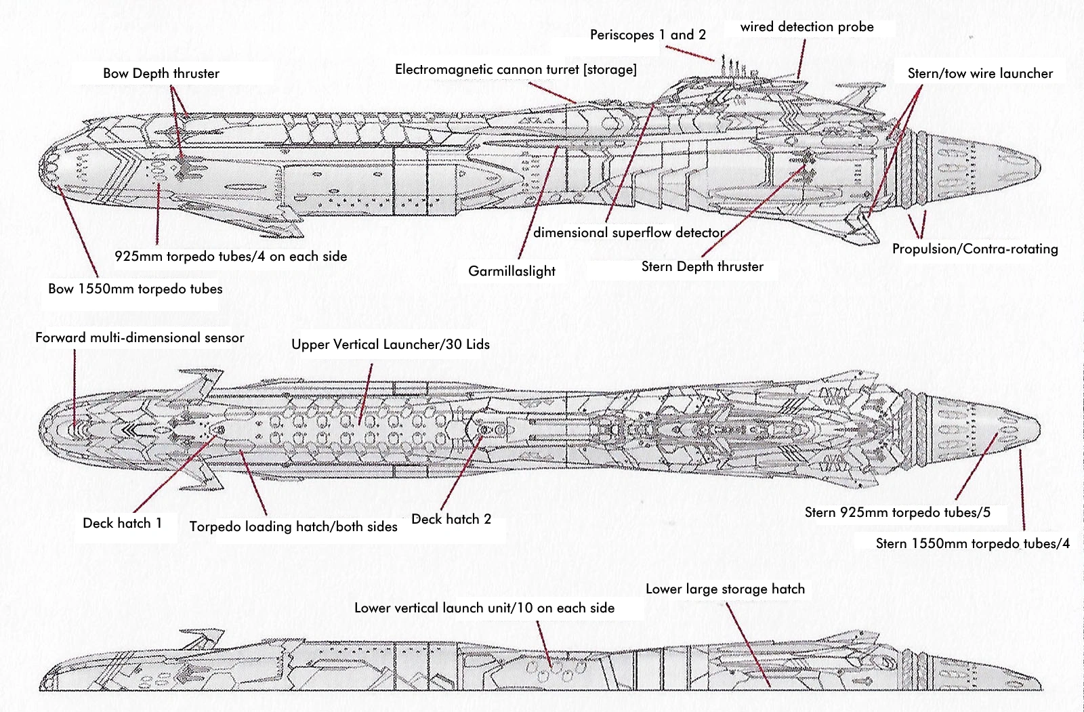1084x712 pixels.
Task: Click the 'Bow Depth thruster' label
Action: (161, 73)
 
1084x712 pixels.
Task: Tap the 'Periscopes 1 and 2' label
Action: (648, 35)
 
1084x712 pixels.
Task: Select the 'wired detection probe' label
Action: (807, 27)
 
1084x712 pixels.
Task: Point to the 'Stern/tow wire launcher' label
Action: (980, 73)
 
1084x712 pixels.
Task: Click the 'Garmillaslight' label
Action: (512, 271)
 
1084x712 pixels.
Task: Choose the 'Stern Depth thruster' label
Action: (702, 266)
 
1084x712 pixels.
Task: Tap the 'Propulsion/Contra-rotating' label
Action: (975, 249)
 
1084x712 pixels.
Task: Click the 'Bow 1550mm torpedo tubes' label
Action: (135, 289)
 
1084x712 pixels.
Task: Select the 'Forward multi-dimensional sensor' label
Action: (140, 337)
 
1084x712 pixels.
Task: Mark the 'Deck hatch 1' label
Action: (122, 523)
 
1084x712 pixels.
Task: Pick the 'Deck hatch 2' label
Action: (451, 519)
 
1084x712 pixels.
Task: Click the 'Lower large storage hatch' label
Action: (725, 589)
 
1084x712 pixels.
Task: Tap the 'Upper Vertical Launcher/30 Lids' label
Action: (390, 344)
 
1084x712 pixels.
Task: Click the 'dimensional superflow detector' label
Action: (629, 232)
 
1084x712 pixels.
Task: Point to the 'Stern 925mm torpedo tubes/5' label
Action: (897, 512)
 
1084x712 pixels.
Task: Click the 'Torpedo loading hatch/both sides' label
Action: (293, 526)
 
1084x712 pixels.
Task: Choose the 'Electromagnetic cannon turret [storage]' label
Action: (516, 69)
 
